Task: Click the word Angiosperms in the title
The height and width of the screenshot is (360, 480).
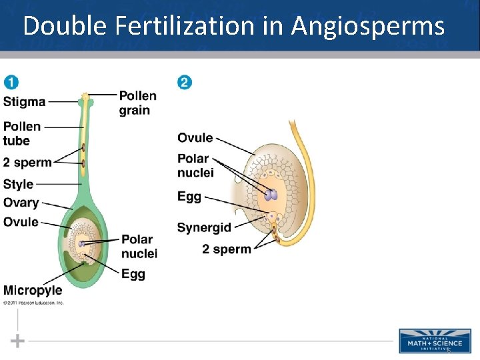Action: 367,26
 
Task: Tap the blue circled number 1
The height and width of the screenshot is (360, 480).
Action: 11,83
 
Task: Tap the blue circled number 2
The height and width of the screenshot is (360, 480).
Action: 184,83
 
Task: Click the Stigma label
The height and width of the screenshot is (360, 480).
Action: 25,102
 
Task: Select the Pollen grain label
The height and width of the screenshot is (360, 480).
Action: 138,103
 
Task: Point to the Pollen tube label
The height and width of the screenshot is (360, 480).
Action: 22,133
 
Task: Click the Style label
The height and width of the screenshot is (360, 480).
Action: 19,185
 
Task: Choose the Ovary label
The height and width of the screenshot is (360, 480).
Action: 21,203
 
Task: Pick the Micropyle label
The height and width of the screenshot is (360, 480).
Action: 33,290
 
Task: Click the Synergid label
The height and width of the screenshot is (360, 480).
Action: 204,227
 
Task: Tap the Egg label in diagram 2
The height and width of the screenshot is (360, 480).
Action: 189,197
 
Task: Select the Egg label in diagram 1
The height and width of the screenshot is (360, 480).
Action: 133,273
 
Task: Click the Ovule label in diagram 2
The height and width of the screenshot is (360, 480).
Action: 195,138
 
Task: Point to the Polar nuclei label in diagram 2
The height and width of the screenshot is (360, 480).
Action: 195,166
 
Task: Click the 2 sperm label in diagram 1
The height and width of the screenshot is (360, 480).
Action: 27,163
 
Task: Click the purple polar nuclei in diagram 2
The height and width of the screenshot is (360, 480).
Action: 271,195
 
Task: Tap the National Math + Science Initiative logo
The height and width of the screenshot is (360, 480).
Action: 434,340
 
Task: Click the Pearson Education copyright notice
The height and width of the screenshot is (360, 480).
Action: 33,303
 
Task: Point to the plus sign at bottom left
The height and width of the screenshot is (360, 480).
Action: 18,341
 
